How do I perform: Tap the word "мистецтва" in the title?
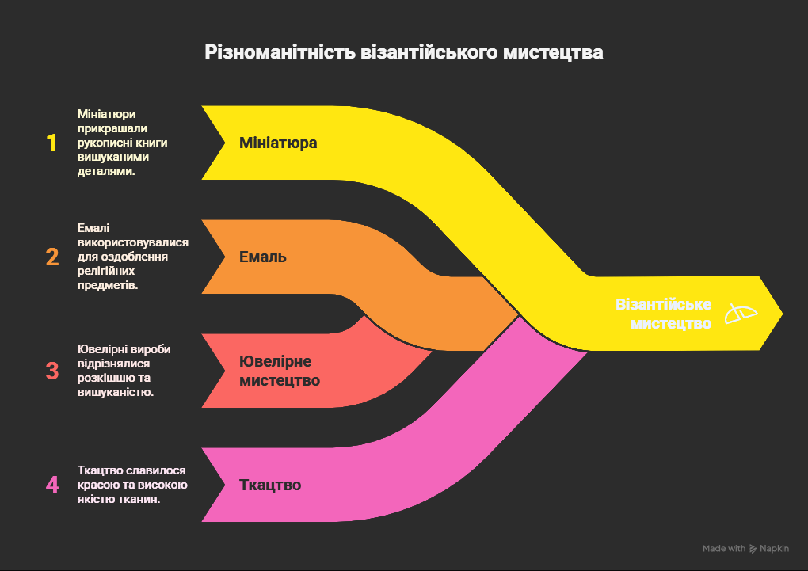[554, 53]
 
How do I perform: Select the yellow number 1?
[52, 143]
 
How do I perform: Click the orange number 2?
[52, 257]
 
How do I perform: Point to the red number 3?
[52, 371]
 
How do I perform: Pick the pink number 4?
[52, 485]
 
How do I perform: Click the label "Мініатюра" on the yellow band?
[278, 143]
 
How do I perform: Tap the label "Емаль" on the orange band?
[263, 257]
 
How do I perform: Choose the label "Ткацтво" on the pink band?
[270, 485]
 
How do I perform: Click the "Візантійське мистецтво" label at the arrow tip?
[663, 314]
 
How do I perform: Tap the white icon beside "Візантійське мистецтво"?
[741, 314]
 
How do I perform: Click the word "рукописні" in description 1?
[105, 143]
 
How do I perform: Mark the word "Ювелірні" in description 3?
[101, 349]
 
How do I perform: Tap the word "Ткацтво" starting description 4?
[100, 470]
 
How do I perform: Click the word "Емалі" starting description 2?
[93, 228]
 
